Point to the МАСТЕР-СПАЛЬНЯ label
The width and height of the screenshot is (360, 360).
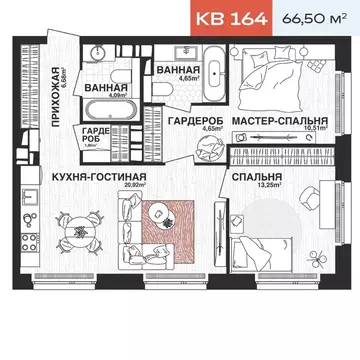[x=268, y=121]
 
